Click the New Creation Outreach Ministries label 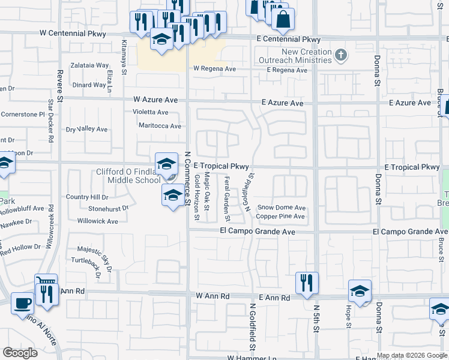(295, 56)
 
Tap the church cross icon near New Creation (340, 56)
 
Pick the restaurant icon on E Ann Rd (307, 283)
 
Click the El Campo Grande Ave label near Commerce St (258, 232)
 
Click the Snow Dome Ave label (282, 208)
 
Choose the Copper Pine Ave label (281, 216)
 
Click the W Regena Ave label (214, 69)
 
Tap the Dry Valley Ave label (86, 129)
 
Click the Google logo (20, 353)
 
